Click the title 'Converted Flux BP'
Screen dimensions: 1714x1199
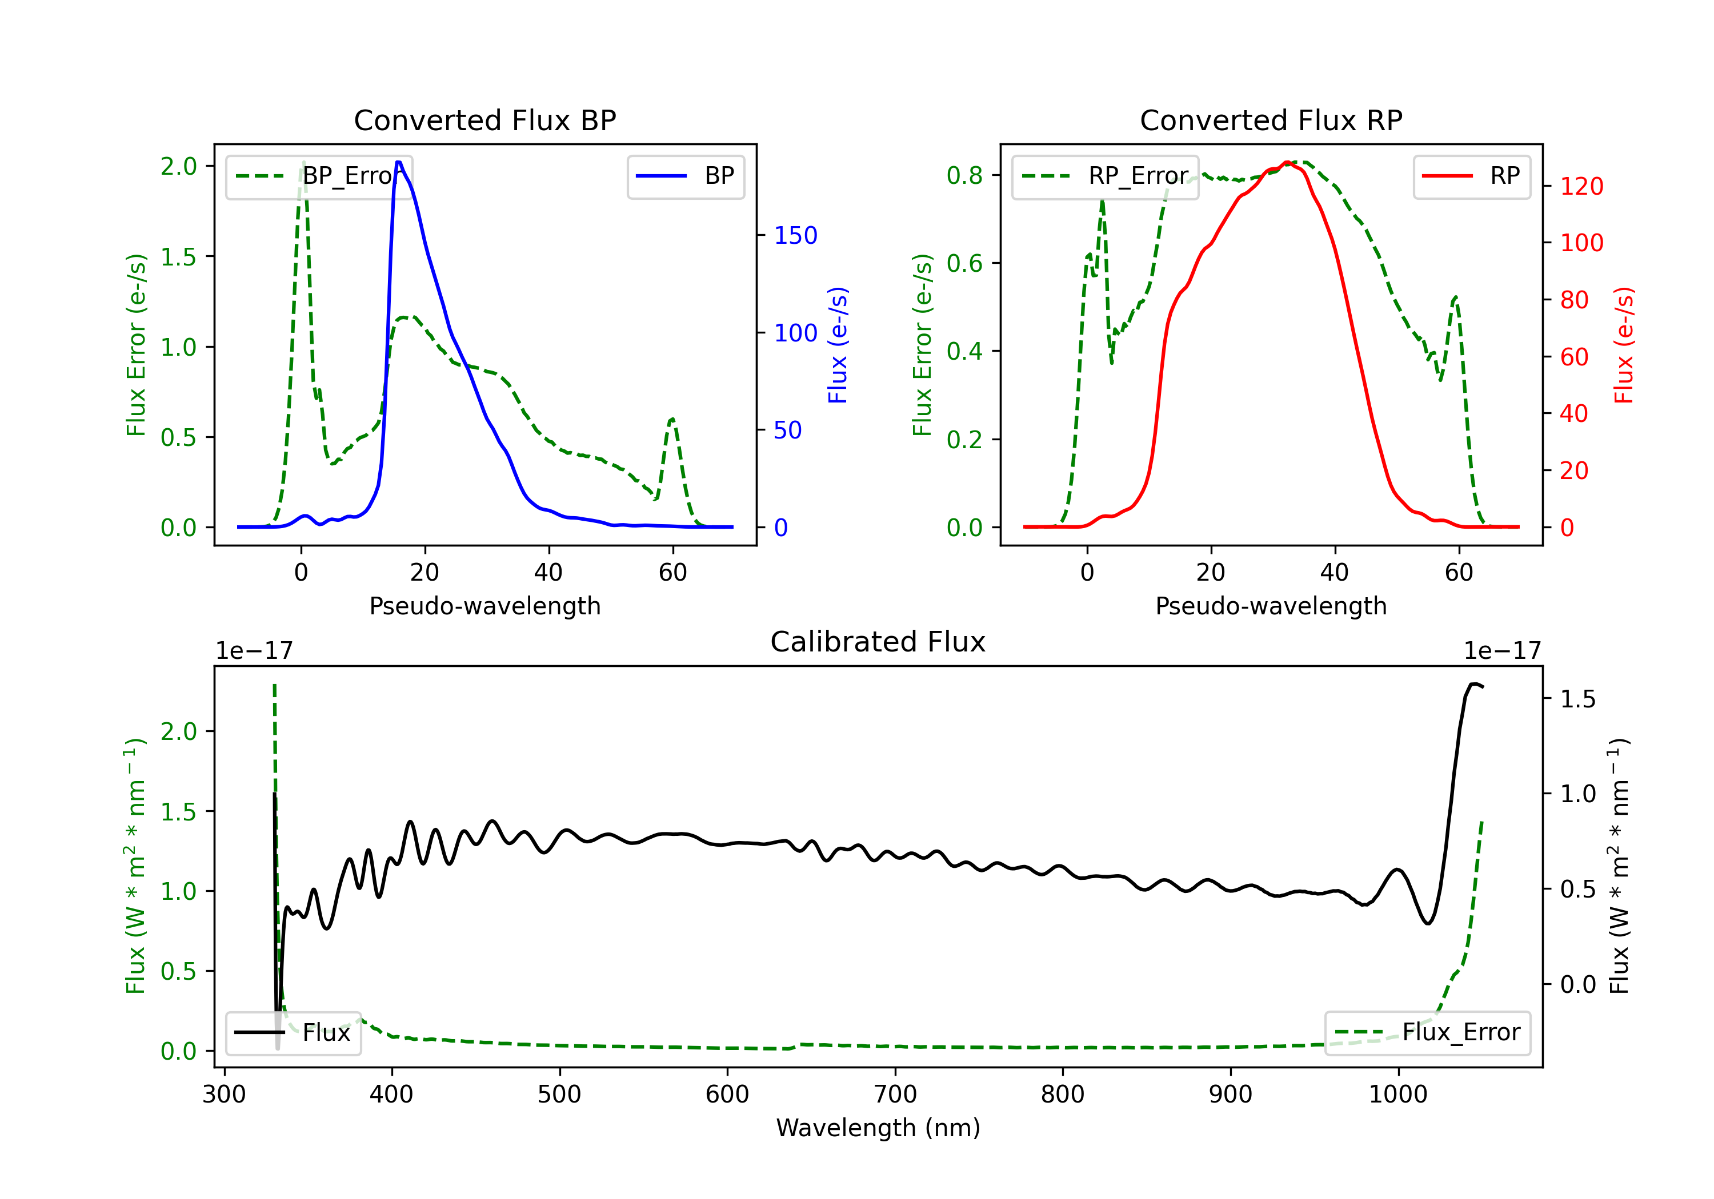click(485, 120)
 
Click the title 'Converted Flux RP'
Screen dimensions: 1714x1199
click(1271, 120)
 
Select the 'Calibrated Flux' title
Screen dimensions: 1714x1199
click(878, 642)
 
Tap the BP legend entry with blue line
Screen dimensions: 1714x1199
click(685, 176)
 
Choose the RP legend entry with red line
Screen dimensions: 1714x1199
click(1471, 176)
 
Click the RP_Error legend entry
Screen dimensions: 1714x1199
click(1105, 176)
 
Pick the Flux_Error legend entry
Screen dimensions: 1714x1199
click(1427, 1033)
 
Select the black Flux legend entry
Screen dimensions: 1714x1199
click(293, 1033)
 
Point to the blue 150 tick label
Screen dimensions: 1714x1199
click(796, 235)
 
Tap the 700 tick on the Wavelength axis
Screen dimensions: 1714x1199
click(895, 1094)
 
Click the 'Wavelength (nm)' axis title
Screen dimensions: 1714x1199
click(878, 1128)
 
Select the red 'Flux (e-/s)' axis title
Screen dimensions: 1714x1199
click(1624, 345)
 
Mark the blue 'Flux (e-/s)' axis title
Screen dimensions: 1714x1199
click(838, 345)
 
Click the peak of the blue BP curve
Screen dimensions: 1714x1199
click(399, 162)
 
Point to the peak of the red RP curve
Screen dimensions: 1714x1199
click(1287, 163)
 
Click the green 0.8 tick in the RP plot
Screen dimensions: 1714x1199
click(964, 175)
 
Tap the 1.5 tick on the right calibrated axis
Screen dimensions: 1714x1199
click(1578, 698)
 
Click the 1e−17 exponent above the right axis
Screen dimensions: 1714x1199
click(1502, 651)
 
